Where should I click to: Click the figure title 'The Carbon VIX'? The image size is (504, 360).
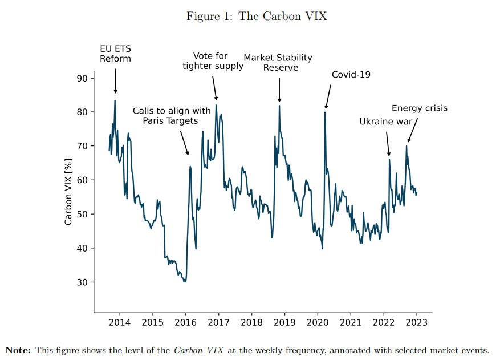point(282,16)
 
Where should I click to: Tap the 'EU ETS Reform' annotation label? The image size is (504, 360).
point(115,54)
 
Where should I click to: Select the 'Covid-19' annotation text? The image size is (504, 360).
point(351,74)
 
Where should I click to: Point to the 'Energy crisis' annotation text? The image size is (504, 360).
point(420,108)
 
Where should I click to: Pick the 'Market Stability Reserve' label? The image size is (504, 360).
point(278,62)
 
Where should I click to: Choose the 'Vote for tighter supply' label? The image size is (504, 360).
point(213,60)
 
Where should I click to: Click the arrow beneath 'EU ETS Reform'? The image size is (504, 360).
point(115,81)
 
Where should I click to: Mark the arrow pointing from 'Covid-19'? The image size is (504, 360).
point(328,96)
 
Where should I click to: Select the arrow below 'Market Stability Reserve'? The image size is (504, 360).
point(279,90)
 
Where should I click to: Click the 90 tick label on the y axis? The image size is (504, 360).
point(82,78)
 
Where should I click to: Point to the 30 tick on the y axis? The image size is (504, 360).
point(82,282)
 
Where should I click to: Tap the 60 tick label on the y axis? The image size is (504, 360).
point(82,180)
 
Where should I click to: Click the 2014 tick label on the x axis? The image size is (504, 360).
point(120,322)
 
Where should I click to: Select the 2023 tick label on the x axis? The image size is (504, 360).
point(416,322)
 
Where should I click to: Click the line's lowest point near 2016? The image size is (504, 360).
point(185,282)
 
